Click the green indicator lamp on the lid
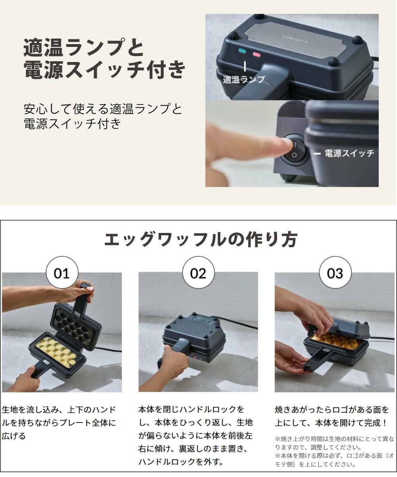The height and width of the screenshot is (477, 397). [x=242, y=51]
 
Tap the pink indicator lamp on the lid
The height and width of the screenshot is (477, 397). [x=256, y=54]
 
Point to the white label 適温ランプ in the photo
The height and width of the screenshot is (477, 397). [x=244, y=79]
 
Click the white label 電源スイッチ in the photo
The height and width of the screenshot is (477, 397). [x=349, y=153]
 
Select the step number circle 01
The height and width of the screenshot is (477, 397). [x=62, y=273]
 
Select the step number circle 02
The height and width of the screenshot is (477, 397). [x=198, y=273]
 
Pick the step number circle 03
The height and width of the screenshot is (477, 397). [x=335, y=273]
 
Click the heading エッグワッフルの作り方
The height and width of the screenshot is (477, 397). [x=201, y=239]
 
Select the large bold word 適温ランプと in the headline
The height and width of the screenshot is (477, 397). [x=84, y=48]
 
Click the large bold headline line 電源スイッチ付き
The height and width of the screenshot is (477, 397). [x=104, y=69]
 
